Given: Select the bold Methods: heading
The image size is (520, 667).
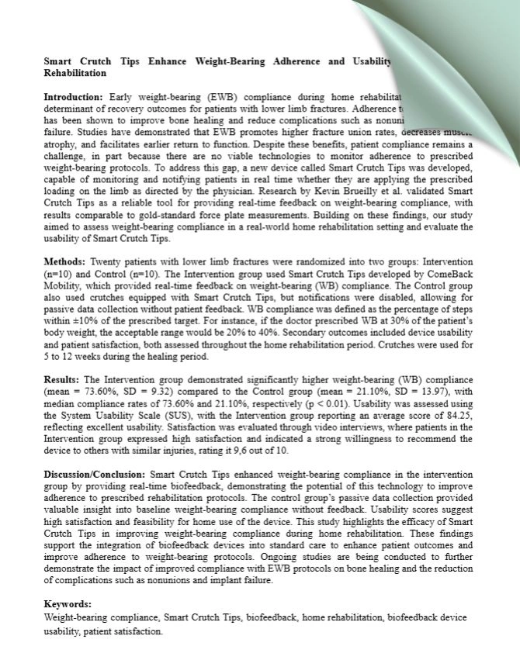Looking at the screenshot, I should pos(65,263).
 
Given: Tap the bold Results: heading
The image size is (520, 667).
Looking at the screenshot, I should pos(61,379).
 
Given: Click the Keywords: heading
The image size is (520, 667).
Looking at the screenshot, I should pos(68,604).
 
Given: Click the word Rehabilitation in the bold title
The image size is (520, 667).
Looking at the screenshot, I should pos(75,73).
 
